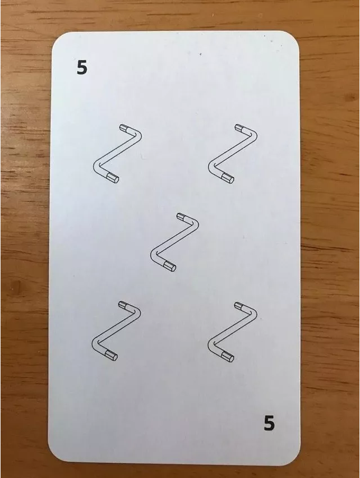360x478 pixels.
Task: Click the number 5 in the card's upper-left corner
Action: pyautogui.click(x=82, y=68)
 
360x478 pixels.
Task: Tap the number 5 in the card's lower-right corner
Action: pyautogui.click(x=269, y=423)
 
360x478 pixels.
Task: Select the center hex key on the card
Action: pyautogui.click(x=174, y=242)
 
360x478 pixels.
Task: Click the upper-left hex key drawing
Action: pyautogui.click(x=117, y=154)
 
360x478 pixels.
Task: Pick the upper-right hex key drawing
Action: pyautogui.click(x=233, y=154)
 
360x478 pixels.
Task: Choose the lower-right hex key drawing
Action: pyautogui.click(x=232, y=331)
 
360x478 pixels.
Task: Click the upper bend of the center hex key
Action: pyautogui.click(x=195, y=223)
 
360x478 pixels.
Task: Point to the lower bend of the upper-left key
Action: pyautogui.click(x=96, y=167)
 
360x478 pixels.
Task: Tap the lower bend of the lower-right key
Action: pyautogui.click(x=211, y=344)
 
